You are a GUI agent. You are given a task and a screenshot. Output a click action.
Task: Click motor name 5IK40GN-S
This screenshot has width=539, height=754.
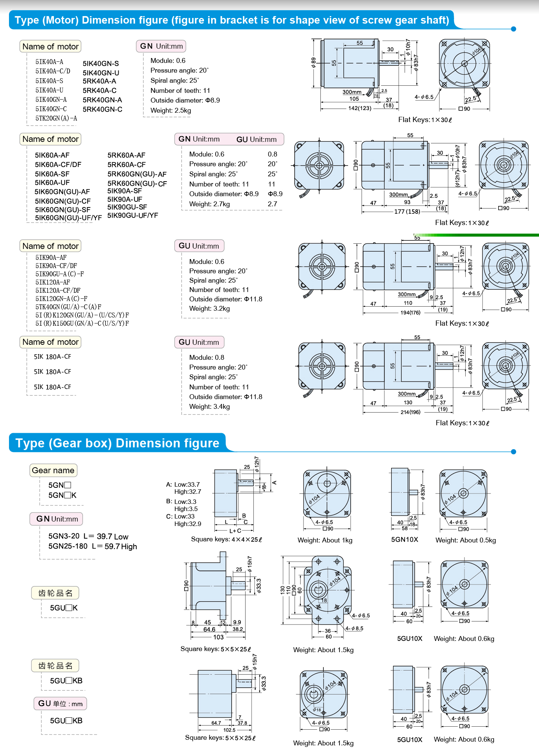coord(101,64)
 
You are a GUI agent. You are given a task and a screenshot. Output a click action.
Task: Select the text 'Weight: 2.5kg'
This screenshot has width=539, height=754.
coord(171,110)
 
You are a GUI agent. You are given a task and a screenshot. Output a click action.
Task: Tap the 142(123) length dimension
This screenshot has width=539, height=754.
coord(359,108)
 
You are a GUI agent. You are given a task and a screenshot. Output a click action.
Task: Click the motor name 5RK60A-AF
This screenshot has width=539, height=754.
coord(126,155)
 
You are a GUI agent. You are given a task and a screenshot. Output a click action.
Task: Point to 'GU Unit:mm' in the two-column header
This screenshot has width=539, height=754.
coord(256,139)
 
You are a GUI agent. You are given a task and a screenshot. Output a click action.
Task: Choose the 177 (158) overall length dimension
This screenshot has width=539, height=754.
coord(407,212)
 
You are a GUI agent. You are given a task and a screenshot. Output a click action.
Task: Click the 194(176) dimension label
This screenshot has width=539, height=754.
coord(410,313)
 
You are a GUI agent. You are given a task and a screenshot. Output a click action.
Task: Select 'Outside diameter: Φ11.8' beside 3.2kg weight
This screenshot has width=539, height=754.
coord(225,299)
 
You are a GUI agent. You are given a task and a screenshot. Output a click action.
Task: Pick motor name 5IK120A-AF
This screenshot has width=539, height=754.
coord(53,282)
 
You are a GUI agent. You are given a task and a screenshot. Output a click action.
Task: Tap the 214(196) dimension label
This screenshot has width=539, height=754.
coord(410,412)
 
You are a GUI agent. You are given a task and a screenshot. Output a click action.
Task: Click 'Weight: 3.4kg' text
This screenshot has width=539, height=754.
coord(209,407)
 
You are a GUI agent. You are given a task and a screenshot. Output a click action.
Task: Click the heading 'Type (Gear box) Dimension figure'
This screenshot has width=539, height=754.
coord(117,443)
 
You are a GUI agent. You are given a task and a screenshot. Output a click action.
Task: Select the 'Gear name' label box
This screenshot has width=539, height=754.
coord(53,470)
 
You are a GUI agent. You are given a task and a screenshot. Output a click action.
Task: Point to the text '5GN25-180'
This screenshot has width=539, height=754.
coord(68,546)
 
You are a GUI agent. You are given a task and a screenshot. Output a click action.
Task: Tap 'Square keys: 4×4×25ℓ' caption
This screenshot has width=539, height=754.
coord(226,539)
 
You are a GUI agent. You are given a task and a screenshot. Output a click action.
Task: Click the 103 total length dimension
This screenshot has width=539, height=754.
coord(218,637)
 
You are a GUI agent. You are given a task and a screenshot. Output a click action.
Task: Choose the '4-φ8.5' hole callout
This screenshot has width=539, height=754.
coord(354,629)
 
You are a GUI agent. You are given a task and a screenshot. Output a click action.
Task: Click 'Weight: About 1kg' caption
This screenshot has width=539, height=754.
coord(325,540)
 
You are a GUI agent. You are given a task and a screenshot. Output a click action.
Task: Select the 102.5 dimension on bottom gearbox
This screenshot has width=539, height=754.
coord(229,730)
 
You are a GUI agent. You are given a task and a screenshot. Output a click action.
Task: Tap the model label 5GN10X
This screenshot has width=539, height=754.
coord(404,539)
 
